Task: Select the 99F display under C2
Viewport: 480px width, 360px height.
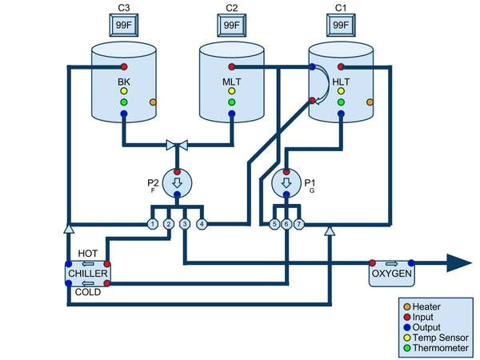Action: point(231,26)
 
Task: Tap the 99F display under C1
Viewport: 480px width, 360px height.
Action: point(340,26)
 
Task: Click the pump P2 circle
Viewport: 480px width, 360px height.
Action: point(177,184)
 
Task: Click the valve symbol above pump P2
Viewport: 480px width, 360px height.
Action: point(177,145)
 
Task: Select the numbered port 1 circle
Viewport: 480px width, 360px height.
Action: point(152,224)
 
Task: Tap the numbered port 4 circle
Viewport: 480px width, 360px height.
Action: point(202,224)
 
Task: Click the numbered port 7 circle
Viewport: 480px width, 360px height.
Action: point(298,224)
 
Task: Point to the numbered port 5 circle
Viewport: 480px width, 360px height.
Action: point(274,224)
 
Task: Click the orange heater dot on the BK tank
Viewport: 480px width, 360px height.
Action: point(152,102)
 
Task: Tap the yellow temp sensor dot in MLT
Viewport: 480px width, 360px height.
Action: point(231,90)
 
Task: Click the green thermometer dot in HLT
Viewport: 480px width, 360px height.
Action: point(340,102)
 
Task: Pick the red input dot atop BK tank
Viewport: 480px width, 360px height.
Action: point(124,66)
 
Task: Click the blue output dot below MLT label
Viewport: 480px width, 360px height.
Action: point(231,114)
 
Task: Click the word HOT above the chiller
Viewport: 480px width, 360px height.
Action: point(88,253)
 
